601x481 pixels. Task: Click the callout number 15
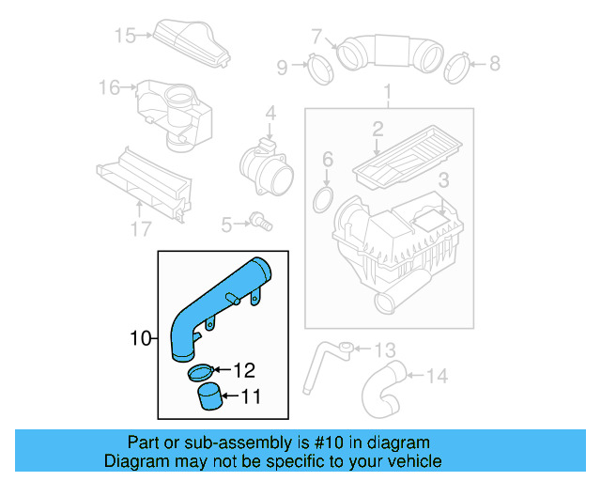[125, 36]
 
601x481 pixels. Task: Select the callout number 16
[109, 87]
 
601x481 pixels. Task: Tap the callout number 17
[140, 228]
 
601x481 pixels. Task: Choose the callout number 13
[386, 350]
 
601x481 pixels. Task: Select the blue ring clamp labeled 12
[201, 373]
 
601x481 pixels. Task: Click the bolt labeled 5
[260, 222]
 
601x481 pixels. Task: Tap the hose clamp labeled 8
[457, 66]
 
